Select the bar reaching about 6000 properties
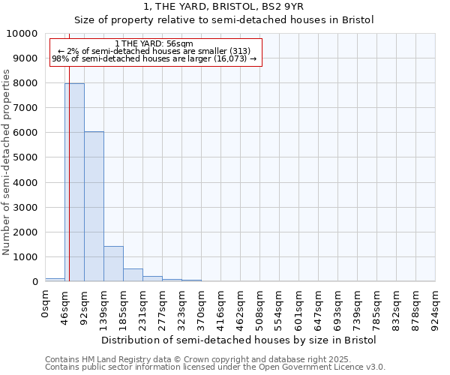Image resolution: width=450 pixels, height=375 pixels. click(94, 206)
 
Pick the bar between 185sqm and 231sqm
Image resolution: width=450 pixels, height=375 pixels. click(133, 274)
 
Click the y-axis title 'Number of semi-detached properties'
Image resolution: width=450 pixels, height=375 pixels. click(7, 162)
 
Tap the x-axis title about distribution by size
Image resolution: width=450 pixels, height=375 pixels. click(238, 340)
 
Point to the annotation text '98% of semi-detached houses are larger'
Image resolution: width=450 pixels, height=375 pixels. click(154, 58)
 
